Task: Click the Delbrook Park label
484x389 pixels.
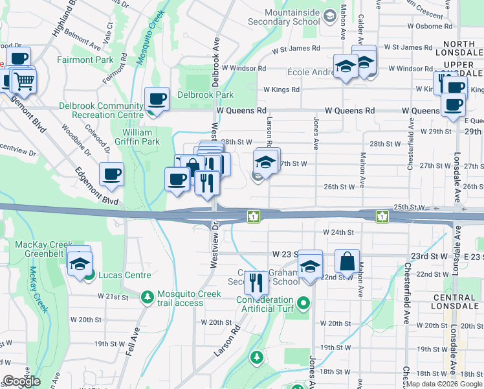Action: pos(206,95)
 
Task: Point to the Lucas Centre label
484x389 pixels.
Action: pos(124,275)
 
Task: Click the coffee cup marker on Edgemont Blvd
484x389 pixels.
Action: pos(111,174)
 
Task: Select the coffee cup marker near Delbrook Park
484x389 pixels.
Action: pos(157,99)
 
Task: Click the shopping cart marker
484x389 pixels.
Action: pos(24,80)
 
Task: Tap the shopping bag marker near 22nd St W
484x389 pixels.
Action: pos(347,261)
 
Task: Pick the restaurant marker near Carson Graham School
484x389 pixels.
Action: pos(257,282)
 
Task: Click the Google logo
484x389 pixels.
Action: pos(21,381)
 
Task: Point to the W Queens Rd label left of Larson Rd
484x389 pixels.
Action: pos(242,111)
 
